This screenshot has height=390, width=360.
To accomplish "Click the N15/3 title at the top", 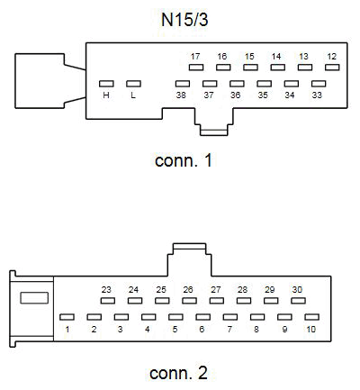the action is click(x=184, y=20).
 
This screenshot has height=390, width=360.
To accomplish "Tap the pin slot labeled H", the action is click(x=106, y=84).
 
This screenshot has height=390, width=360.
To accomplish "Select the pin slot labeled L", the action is click(x=133, y=84).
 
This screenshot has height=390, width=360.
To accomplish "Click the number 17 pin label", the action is click(x=195, y=56).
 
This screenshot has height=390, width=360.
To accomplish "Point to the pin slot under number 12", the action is click(x=332, y=68).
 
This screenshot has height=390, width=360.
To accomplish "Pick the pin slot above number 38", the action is click(x=183, y=84).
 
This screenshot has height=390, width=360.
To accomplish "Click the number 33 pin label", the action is click(x=317, y=95).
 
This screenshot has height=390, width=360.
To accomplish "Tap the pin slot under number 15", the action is click(x=250, y=68).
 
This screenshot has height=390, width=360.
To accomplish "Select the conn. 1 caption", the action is click(x=184, y=160).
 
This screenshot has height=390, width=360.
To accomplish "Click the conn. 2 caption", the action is click(x=178, y=373).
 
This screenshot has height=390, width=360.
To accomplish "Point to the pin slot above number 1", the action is click(x=67, y=317).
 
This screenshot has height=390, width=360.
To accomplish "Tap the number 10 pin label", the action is click(x=311, y=330).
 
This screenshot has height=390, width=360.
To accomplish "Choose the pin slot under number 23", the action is click(x=108, y=301).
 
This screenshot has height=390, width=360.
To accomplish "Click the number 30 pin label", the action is click(x=297, y=289).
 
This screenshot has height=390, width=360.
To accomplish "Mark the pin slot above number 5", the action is click(x=175, y=317).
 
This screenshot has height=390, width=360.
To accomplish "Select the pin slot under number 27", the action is click(x=217, y=301).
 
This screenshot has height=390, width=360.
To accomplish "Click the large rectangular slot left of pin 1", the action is click(x=34, y=298).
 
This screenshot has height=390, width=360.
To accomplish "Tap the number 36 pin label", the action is click(x=236, y=95).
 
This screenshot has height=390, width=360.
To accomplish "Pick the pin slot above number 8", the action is click(x=257, y=317).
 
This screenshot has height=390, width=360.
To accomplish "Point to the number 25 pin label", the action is click(x=161, y=289).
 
